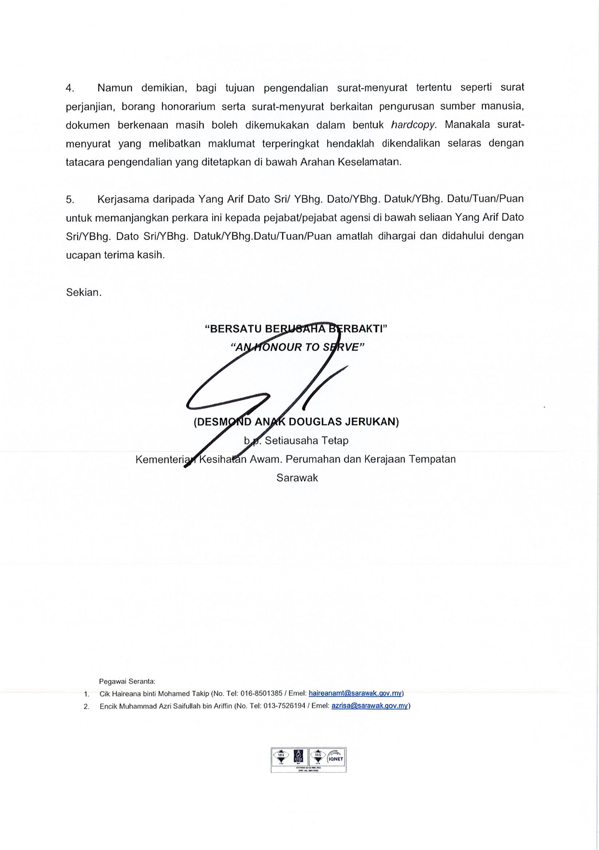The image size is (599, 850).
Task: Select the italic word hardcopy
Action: coord(414,125)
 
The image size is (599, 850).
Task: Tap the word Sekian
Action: coord(84,292)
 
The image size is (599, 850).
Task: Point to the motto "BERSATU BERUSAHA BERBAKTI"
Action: coord(296,329)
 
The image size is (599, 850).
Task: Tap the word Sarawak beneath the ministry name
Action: coord(297,478)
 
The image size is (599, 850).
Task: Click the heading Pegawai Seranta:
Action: coord(127,681)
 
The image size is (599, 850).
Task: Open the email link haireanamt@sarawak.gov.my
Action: coord(355,693)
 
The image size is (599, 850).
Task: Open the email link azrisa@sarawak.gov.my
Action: coord(369,706)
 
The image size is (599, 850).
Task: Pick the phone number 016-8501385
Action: coord(262,693)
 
